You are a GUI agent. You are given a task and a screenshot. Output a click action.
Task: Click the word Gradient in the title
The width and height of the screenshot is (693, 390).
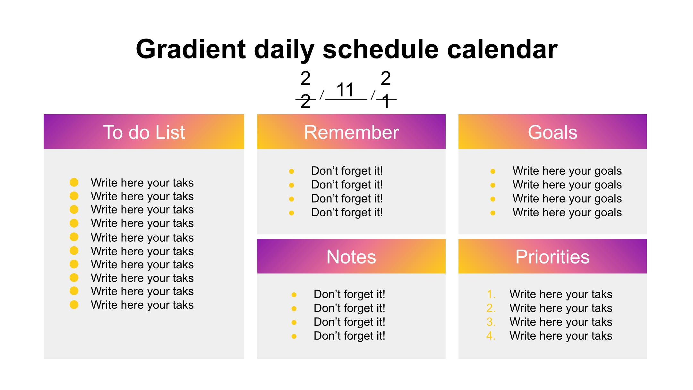click(191, 49)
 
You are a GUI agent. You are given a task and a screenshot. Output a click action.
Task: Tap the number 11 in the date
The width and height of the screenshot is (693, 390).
click(345, 90)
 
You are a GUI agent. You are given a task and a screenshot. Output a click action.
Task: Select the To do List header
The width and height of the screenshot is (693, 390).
click(144, 132)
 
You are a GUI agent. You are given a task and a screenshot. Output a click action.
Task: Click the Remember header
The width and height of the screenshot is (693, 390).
click(351, 132)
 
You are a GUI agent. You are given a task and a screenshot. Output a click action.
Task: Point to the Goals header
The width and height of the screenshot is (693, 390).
click(552, 132)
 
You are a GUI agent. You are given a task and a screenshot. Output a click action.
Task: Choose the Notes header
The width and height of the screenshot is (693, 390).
click(351, 256)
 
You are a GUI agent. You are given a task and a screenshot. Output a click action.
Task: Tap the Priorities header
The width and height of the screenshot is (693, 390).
click(552, 256)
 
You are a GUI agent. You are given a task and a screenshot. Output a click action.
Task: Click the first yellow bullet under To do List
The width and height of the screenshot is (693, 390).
click(74, 182)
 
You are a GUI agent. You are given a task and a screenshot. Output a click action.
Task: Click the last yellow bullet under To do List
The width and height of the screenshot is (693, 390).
click(74, 304)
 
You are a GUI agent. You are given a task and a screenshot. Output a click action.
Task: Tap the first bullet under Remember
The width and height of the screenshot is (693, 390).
click(292, 171)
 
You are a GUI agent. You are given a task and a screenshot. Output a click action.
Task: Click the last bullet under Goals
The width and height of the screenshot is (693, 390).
click(493, 213)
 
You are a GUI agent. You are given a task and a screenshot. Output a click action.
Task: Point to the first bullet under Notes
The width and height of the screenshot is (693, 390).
click(294, 295)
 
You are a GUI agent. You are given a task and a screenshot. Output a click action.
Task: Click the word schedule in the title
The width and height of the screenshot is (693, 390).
click(381, 49)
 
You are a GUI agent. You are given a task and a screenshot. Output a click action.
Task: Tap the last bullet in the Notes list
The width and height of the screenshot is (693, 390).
click(294, 336)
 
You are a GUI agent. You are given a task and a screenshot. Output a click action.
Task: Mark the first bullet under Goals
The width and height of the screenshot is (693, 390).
click(493, 171)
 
